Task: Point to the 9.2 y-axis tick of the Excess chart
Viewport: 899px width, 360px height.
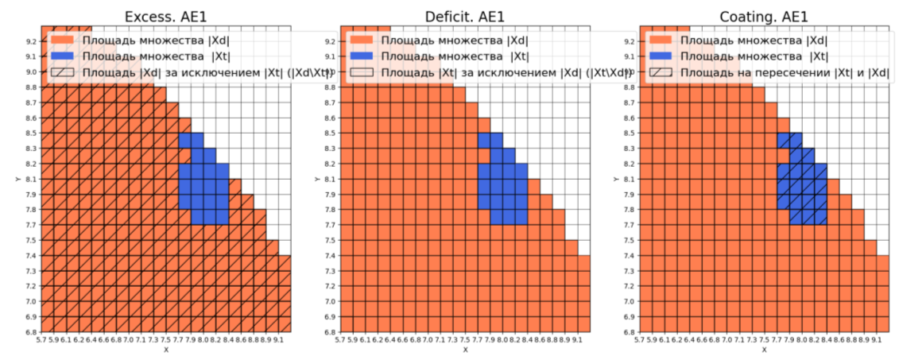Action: coord(29,41)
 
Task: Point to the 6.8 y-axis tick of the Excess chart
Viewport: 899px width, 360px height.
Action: coord(29,332)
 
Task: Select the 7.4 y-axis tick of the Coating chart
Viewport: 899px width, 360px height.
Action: coord(629,256)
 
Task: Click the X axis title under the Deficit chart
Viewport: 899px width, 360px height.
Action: coord(466,350)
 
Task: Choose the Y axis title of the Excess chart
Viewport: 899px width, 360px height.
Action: coord(17,180)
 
